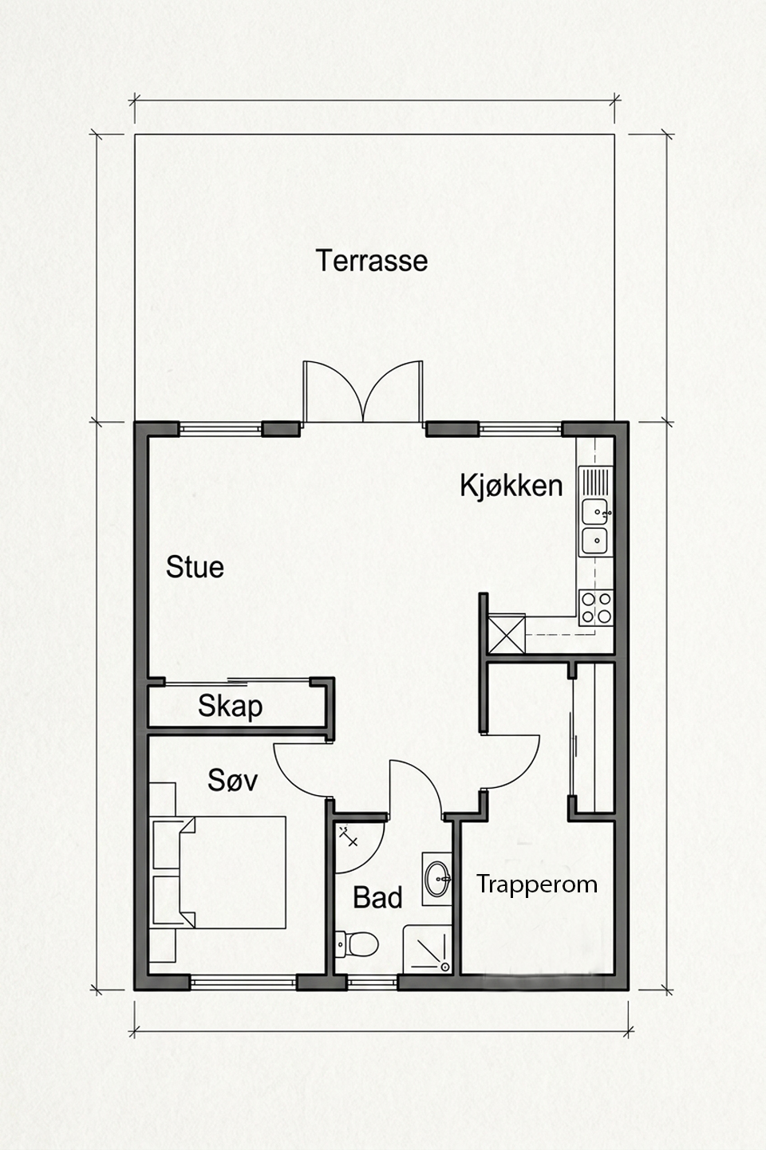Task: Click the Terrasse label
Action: pos(372,261)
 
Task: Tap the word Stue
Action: pos(195,568)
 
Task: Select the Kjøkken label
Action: pos(511,486)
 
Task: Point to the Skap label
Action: pos(230,707)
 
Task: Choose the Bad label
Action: pos(377,898)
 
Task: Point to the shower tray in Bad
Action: pos(427,949)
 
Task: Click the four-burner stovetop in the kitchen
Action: pos(596,608)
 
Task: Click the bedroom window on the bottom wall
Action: pos(243,983)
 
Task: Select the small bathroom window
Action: pos(373,983)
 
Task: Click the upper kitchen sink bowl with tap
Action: pos(595,512)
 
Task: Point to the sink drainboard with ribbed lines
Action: pos(595,482)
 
